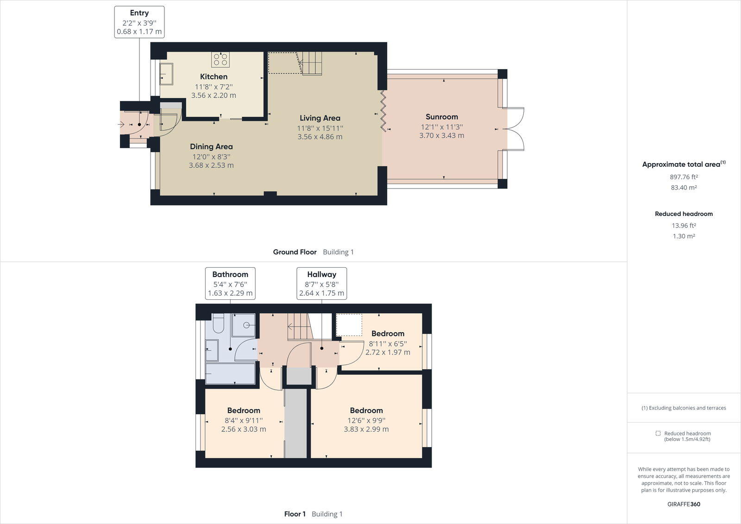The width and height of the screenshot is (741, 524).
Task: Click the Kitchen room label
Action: tap(214, 76)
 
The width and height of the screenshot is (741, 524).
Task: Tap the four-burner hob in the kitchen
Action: tap(220, 60)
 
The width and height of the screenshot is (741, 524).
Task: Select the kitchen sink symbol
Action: tap(166, 74)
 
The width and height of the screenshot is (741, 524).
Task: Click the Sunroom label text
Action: tap(442, 117)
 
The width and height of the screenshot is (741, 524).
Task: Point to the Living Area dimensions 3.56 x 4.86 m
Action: tap(320, 137)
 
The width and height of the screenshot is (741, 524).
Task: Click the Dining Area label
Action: tap(211, 147)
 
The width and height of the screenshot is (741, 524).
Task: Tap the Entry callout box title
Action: tap(139, 13)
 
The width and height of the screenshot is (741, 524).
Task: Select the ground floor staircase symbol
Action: tap(311, 63)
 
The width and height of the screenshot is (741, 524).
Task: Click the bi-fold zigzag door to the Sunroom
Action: tap(383, 111)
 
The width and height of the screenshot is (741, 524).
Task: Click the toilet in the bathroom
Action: tap(218, 323)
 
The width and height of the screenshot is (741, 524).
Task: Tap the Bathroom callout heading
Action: tap(230, 274)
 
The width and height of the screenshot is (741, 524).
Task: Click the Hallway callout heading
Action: tap(321, 274)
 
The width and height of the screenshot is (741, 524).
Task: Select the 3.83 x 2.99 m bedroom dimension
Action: tap(366, 429)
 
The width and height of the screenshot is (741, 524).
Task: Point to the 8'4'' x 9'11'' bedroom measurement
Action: tap(244, 420)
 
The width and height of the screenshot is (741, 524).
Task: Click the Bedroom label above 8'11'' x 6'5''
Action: tap(388, 334)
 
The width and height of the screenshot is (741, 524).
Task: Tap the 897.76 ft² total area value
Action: tap(684, 177)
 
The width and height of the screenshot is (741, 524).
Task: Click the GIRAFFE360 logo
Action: tap(684, 504)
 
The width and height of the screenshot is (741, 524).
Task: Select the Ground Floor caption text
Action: tap(295, 252)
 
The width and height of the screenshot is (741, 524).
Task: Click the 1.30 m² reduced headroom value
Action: tap(684, 236)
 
